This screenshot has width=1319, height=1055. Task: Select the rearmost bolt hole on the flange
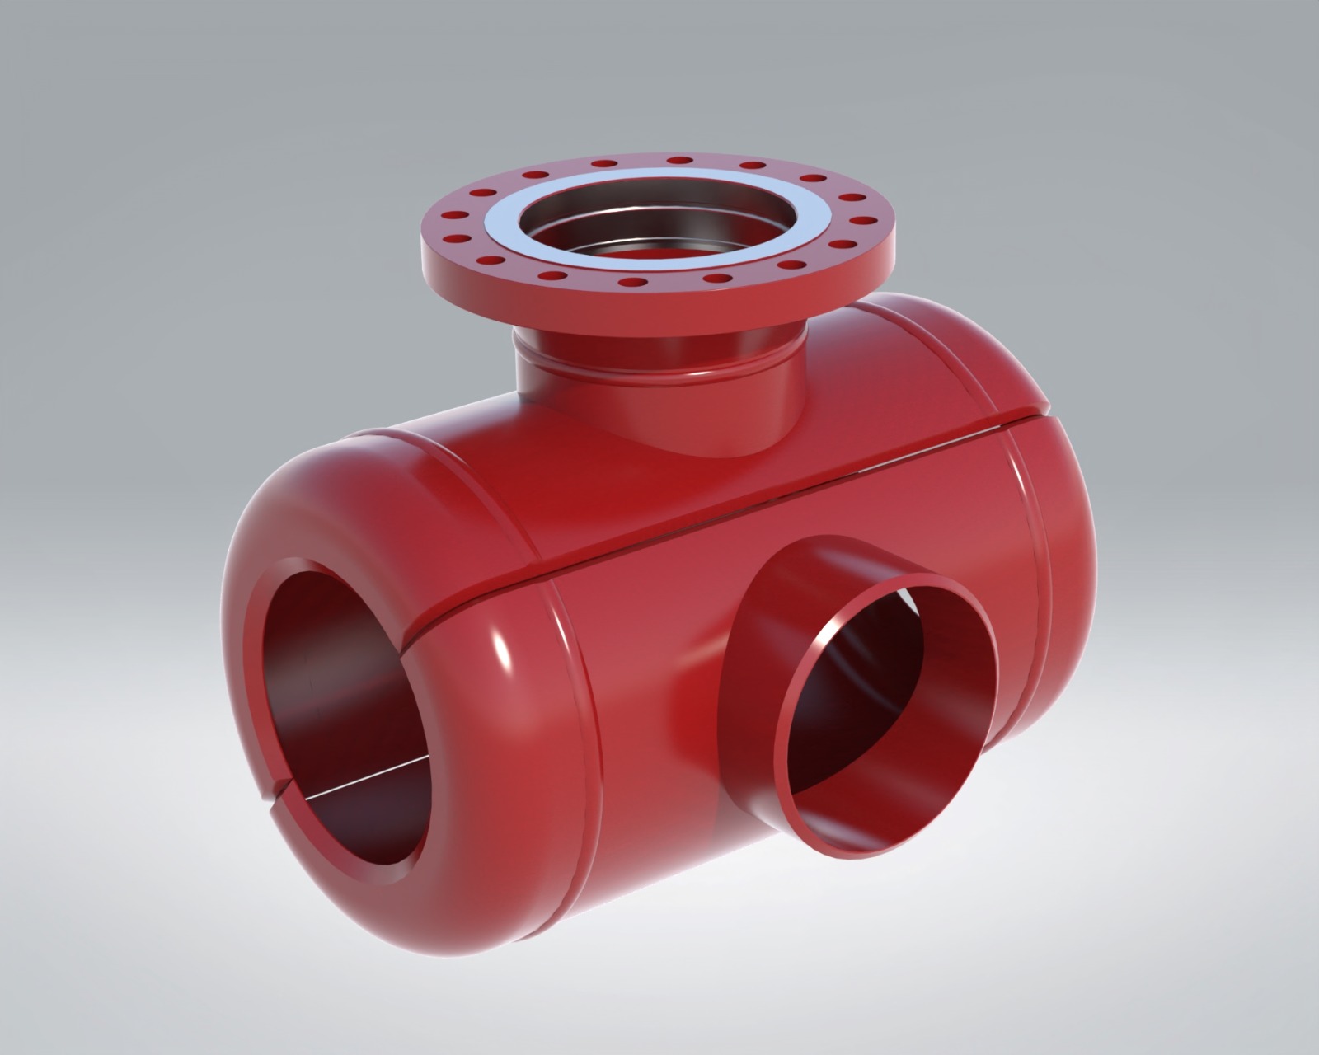[679, 159]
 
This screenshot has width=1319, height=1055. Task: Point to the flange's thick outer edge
[659, 305]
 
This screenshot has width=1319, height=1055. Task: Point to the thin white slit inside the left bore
[363, 779]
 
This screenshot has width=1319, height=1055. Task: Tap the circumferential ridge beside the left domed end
[569, 659]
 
